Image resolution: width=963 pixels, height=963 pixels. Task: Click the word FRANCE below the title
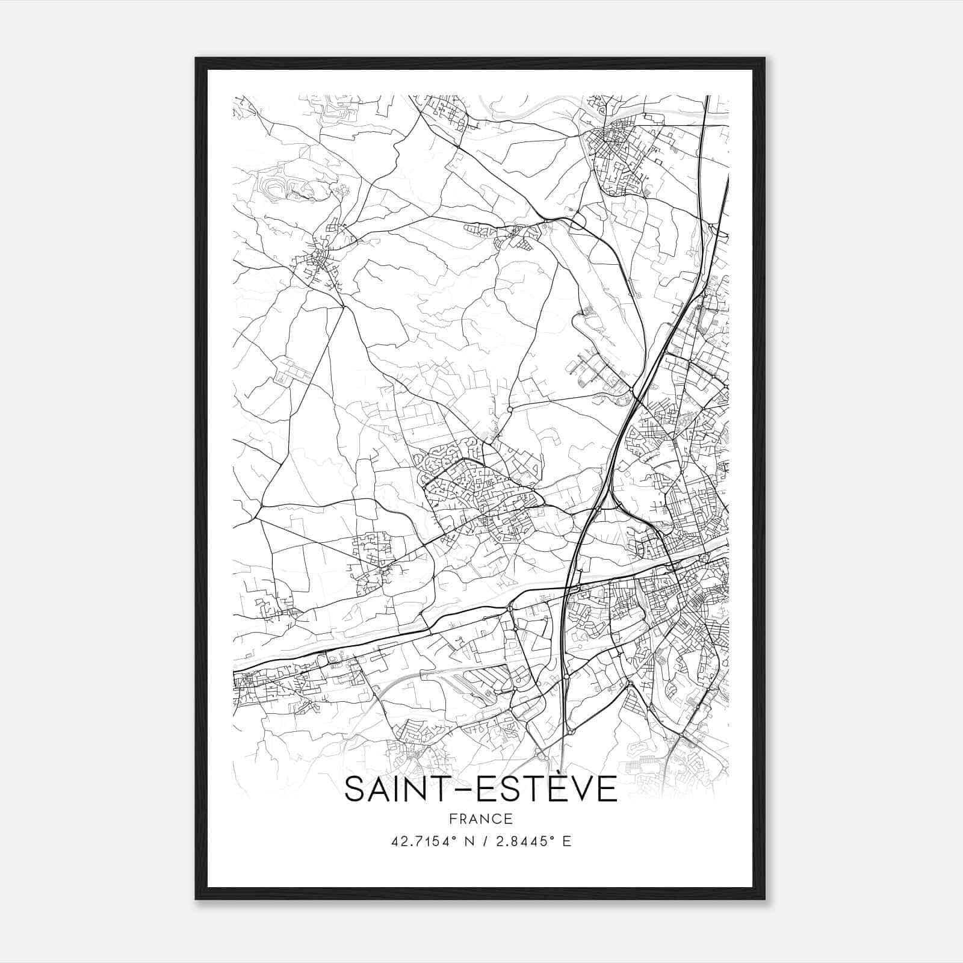[480, 819]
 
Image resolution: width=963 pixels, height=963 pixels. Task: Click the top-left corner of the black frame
[197, 59]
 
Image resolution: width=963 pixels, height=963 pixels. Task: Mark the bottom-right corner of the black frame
[764, 898]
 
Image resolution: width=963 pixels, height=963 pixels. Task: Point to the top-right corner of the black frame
[764, 59]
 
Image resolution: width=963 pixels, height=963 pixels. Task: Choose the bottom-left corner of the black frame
[197, 898]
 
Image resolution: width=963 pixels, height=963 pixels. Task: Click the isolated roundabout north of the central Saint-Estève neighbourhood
[510, 409]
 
